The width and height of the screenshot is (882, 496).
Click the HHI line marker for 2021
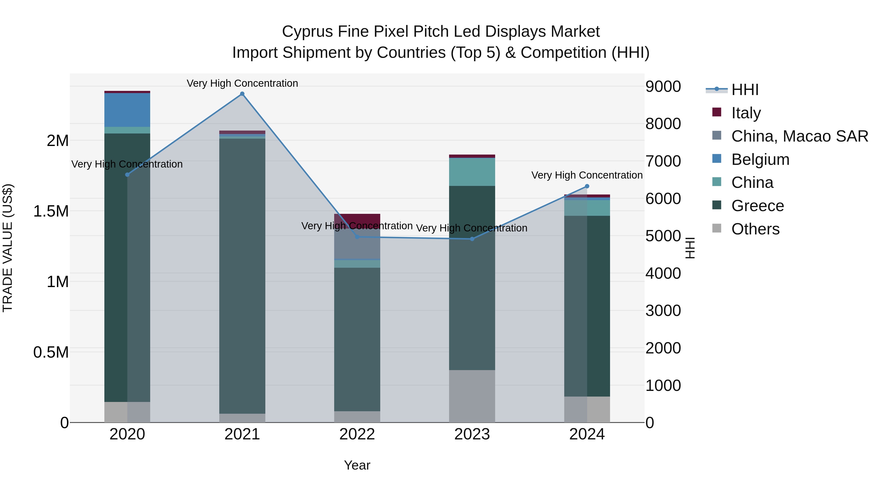tap(242, 94)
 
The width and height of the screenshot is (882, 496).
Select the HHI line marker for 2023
tap(472, 239)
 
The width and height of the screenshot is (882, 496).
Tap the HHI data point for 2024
tap(587, 186)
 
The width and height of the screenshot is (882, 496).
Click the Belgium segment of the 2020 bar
tap(127, 110)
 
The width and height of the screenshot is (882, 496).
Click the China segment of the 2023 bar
tap(472, 172)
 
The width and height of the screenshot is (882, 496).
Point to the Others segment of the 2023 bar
tap(472, 396)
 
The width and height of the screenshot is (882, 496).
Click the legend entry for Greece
tap(757, 206)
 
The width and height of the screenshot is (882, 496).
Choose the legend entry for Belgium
tap(760, 159)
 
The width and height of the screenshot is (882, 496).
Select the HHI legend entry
tap(745, 90)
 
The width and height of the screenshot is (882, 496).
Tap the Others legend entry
tap(755, 229)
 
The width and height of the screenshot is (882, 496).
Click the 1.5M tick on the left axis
tap(51, 211)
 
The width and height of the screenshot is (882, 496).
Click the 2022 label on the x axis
tap(357, 434)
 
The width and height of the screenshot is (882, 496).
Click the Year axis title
tap(357, 465)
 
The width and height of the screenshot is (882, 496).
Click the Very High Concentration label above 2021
tap(242, 83)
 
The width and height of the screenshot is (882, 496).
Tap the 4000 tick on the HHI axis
tap(663, 273)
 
